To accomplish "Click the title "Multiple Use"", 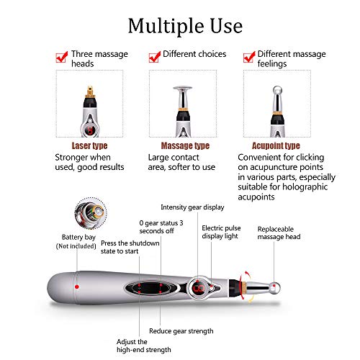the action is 185,27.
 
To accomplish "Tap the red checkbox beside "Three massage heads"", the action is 61,57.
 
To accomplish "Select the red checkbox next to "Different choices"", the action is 154,57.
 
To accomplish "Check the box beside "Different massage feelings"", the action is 249,57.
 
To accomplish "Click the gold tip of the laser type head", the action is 90,91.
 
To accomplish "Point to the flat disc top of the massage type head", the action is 183,89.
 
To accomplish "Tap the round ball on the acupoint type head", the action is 277,91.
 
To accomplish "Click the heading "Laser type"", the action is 89,145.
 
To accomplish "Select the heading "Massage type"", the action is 185,145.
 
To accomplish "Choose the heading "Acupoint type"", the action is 276,145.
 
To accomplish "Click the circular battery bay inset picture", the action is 91,213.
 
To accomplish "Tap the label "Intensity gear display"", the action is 192,207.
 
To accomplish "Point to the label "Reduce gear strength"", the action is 181,331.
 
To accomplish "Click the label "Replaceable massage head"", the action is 279,233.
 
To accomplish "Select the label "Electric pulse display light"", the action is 221,232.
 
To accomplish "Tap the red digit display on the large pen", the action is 199,288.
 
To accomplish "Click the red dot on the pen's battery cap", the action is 77,287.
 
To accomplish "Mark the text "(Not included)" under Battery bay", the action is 76,246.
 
